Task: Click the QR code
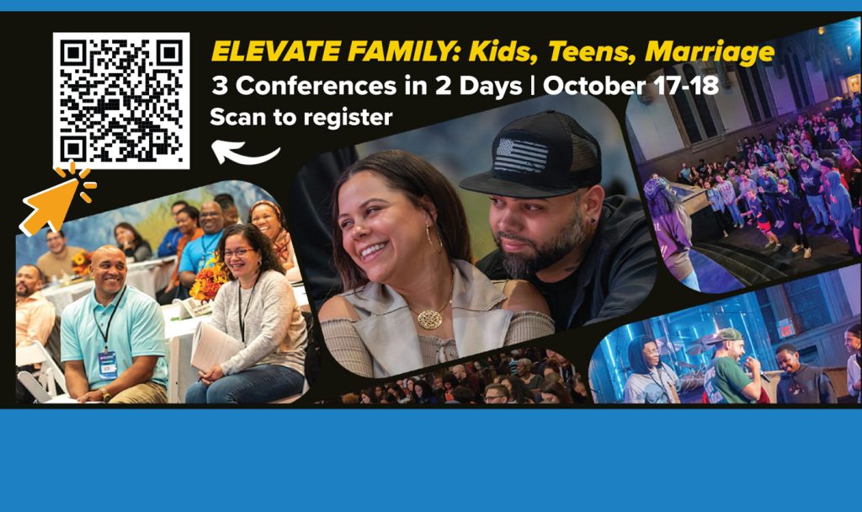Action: (x=121, y=101)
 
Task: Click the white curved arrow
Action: (x=245, y=152)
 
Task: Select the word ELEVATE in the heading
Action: (x=276, y=52)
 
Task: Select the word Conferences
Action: (x=317, y=86)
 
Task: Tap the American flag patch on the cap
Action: (x=522, y=154)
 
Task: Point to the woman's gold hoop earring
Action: (x=433, y=238)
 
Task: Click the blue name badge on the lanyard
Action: (x=108, y=365)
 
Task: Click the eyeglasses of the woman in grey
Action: (x=239, y=253)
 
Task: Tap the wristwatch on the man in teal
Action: (x=104, y=394)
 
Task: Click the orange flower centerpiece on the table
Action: (x=210, y=281)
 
